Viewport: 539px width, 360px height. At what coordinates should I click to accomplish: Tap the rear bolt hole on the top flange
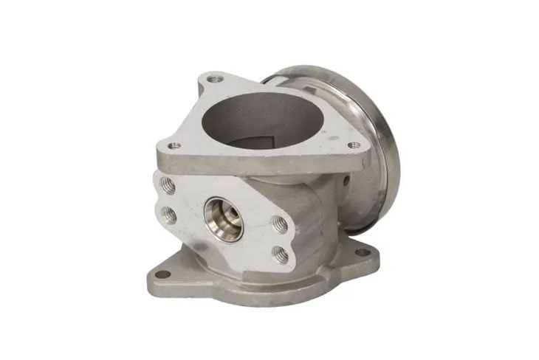214,77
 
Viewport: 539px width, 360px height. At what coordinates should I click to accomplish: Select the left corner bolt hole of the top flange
175,145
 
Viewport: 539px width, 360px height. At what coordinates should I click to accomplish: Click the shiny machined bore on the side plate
223,218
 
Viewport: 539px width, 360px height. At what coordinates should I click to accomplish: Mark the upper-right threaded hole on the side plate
280,223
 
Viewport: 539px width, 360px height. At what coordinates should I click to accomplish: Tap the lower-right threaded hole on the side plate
280,254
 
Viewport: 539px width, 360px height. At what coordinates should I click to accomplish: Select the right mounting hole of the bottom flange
363,252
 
